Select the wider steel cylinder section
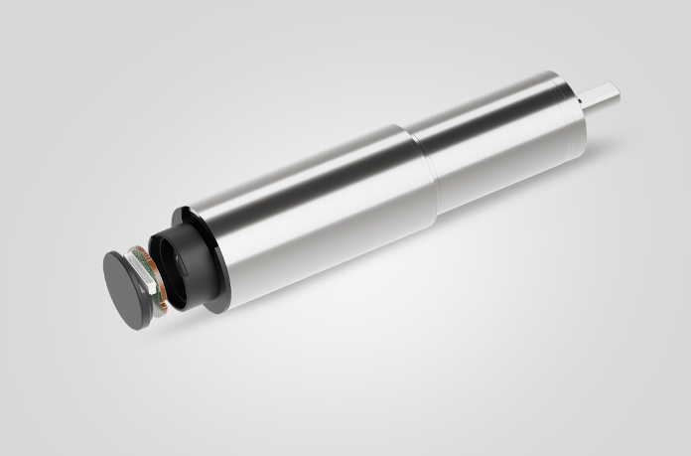[298, 214]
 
